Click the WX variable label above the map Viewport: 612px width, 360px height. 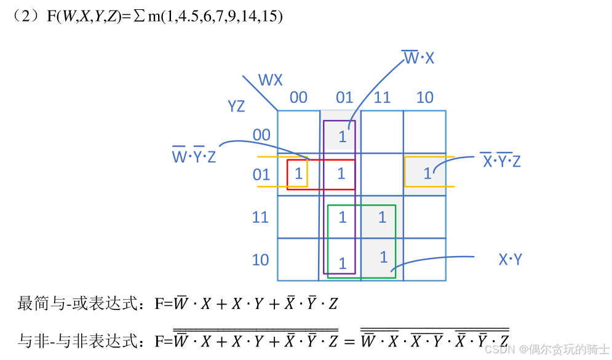tap(270, 80)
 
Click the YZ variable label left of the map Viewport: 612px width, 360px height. tap(236, 106)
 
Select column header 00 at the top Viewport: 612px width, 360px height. tap(298, 97)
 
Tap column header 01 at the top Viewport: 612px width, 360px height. tap(344, 97)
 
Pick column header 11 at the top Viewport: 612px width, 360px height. tap(382, 97)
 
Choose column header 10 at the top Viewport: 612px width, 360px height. tap(424, 97)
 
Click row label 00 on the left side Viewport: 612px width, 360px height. tap(261, 134)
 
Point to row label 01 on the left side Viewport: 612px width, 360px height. tap(261, 175)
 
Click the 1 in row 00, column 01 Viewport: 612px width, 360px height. tap(343, 137)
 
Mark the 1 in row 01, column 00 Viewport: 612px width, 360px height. tap(298, 174)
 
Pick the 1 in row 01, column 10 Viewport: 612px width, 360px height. tap(427, 174)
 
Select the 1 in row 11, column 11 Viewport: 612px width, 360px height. tap(382, 217)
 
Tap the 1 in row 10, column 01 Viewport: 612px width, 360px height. tap(343, 264)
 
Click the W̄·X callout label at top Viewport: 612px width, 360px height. tap(418, 58)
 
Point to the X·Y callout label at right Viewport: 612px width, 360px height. tap(510, 260)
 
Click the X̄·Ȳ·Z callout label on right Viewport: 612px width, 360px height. tap(501, 161)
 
